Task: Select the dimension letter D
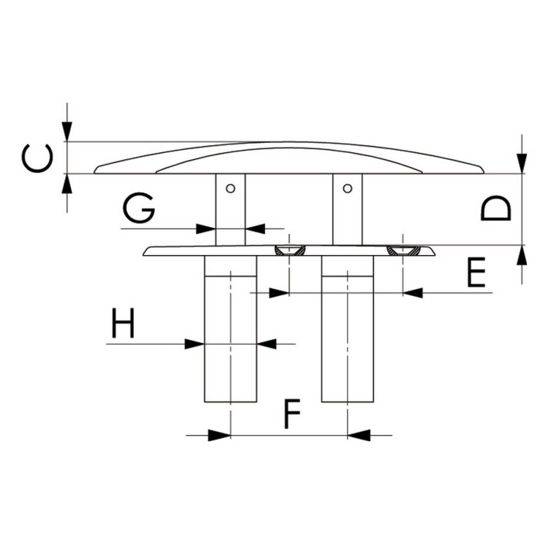point(496,208)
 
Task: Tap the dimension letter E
point(476,272)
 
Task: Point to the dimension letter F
point(292,414)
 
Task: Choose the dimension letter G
point(139,208)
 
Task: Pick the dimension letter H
point(123,323)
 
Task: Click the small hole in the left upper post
point(230,189)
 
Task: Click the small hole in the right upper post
point(347,189)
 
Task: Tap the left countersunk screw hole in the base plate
point(290,250)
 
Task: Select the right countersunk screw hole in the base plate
point(403,250)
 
